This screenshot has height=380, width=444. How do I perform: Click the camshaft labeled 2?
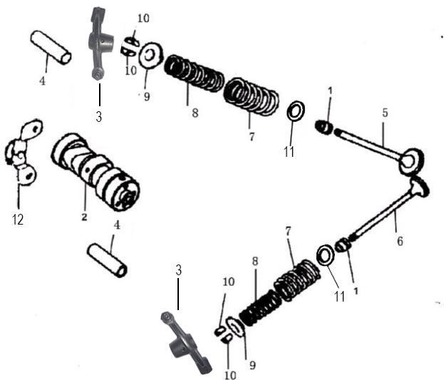point(95,172)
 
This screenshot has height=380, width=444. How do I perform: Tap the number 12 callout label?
point(18,220)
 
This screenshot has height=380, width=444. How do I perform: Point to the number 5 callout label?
point(385,112)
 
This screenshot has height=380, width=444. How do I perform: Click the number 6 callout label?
point(400,241)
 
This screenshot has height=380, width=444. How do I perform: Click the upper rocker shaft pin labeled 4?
point(50,46)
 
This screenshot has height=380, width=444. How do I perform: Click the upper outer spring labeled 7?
point(251,96)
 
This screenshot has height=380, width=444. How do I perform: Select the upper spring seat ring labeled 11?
point(296,112)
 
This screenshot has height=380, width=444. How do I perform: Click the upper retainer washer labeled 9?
point(149,56)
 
